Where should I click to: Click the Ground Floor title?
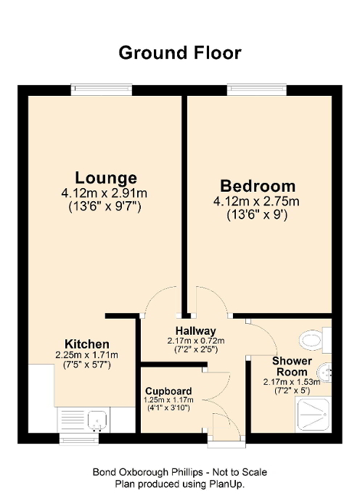point(179,52)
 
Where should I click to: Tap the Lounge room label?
point(106,178)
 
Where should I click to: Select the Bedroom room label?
point(258,185)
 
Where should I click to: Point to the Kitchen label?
point(86,343)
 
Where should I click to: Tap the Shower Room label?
point(292,366)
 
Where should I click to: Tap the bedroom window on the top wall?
point(257,89)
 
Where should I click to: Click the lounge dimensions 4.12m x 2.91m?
point(106,193)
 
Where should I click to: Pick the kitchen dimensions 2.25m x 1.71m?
point(86,354)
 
